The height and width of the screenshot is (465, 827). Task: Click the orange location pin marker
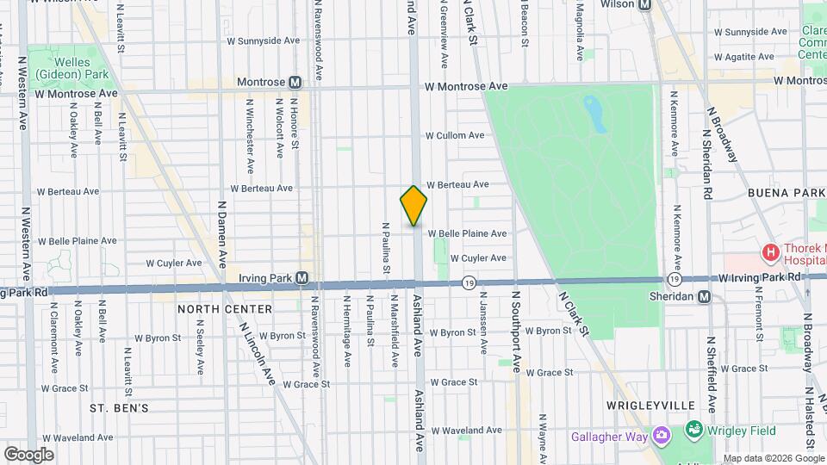click(413, 205)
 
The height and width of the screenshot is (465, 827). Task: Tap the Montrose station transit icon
click(295, 83)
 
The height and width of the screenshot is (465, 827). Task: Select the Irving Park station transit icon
click(302, 277)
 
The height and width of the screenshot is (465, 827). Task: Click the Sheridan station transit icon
click(705, 296)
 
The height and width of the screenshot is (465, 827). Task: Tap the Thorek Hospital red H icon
click(769, 253)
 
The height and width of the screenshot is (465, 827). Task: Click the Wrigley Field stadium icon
click(693, 428)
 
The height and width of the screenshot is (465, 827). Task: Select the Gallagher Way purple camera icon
click(661, 436)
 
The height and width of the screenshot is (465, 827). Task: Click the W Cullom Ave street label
click(454, 136)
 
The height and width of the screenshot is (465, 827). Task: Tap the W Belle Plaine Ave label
click(467, 233)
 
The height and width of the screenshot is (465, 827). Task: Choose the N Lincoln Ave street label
click(257, 355)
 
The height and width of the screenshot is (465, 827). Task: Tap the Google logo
click(28, 454)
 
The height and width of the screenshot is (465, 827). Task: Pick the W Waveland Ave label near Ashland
click(467, 431)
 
